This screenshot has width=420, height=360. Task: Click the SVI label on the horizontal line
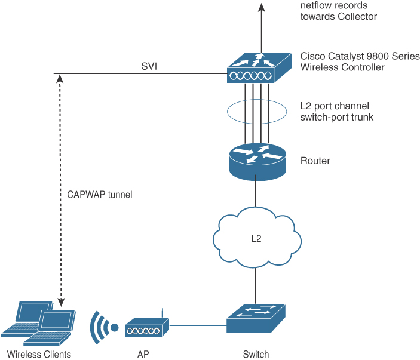click(x=149, y=66)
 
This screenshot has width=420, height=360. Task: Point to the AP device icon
click(x=147, y=327)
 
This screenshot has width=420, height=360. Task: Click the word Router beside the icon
click(x=315, y=161)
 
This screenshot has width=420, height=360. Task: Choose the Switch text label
click(x=256, y=354)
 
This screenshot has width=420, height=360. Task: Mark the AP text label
click(x=143, y=354)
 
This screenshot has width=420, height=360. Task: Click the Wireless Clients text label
click(x=39, y=354)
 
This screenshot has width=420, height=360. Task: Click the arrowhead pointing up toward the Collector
click(x=261, y=7)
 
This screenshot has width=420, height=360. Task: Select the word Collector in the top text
click(x=357, y=17)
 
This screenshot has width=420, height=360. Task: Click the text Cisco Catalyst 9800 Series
click(x=360, y=56)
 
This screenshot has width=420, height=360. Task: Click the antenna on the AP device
click(x=163, y=315)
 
